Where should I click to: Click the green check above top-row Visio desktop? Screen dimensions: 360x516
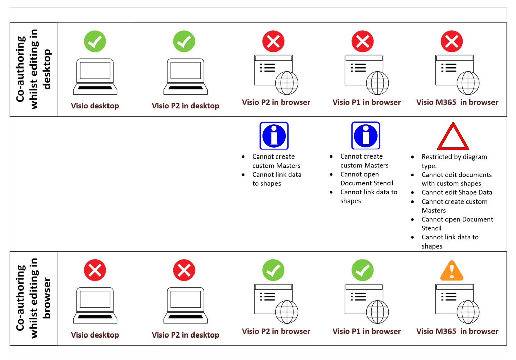click(95, 41)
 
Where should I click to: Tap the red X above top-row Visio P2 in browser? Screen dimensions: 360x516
click(273, 41)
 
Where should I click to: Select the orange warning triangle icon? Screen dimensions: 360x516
click(452, 271)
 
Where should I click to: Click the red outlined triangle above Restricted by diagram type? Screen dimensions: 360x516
click(453, 137)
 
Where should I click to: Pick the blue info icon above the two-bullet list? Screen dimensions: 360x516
click(274, 136)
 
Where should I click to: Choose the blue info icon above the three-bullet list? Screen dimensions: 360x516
click(365, 136)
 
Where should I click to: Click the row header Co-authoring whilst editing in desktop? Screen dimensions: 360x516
click(34, 70)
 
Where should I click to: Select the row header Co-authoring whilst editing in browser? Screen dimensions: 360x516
click(34, 298)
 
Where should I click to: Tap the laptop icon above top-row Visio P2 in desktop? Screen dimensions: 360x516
click(185, 77)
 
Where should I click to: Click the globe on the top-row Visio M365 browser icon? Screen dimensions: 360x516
click(468, 83)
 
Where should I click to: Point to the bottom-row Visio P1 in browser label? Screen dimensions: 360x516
click(367, 331)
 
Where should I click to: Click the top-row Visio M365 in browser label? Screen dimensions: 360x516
click(457, 102)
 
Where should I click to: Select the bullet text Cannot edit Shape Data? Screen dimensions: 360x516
click(457, 192)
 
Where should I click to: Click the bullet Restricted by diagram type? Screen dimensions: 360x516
click(454, 161)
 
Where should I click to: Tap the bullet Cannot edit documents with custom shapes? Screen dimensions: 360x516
click(457, 179)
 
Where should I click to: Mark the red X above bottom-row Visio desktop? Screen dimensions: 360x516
click(95, 270)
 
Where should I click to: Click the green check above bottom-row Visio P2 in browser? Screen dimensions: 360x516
click(273, 270)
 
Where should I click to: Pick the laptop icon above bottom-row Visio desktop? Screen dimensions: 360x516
click(95, 305)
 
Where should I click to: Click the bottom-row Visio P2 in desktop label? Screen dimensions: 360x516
click(185, 335)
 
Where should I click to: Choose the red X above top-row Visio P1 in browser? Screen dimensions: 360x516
click(362, 41)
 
